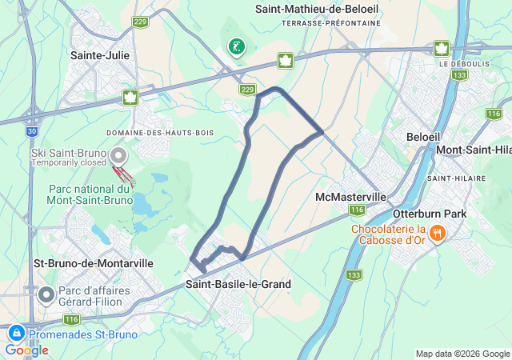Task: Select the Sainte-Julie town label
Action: [100, 55]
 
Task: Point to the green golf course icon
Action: [235, 47]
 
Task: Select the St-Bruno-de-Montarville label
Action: [82, 262]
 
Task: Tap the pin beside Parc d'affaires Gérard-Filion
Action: [46, 295]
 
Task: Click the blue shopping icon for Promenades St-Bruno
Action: [15, 334]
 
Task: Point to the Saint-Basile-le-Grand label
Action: [238, 284]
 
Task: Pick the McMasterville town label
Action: [351, 197]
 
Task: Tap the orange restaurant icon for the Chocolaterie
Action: [437, 234]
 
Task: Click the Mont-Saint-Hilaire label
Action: [474, 150]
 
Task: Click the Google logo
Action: [26, 350]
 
